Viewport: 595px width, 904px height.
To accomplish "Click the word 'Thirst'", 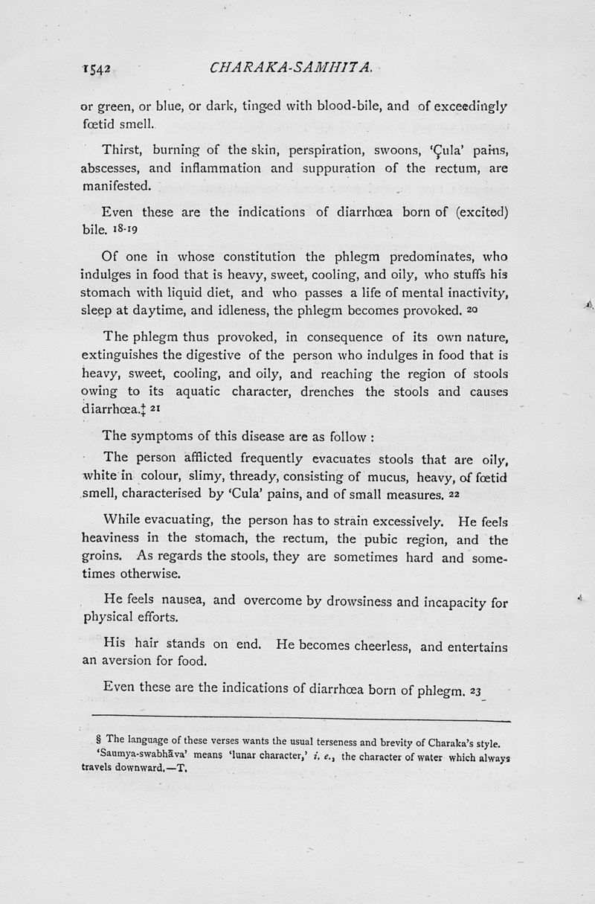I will tap(123, 151).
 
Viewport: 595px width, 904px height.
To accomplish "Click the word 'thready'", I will tap(259, 476).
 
